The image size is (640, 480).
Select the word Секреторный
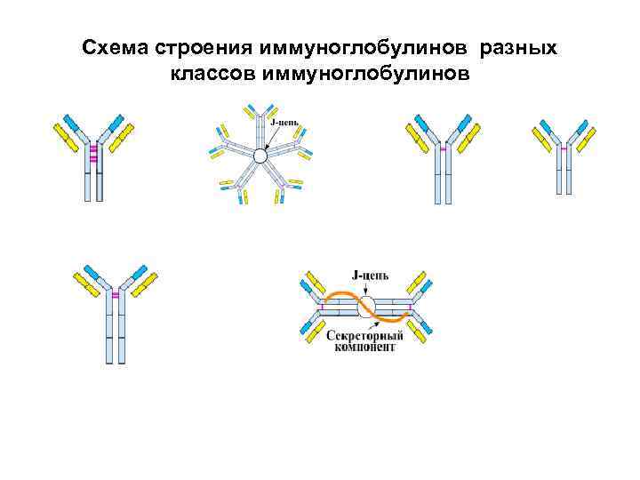[364, 335]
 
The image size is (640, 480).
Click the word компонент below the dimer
[364, 348]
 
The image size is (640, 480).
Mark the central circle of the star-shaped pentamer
[260, 156]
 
